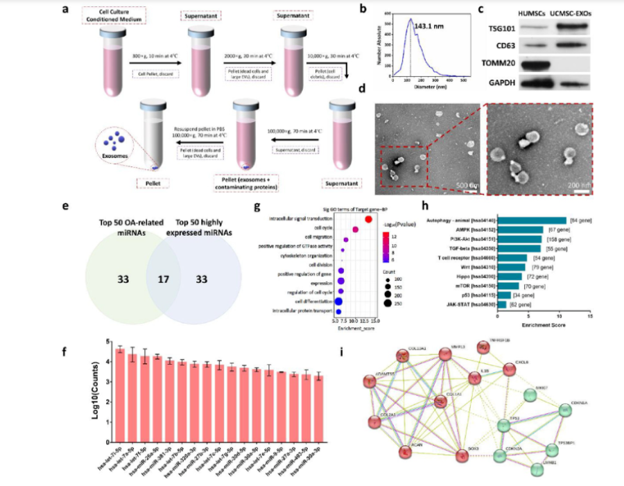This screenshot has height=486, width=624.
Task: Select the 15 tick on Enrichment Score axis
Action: click(589, 316)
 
